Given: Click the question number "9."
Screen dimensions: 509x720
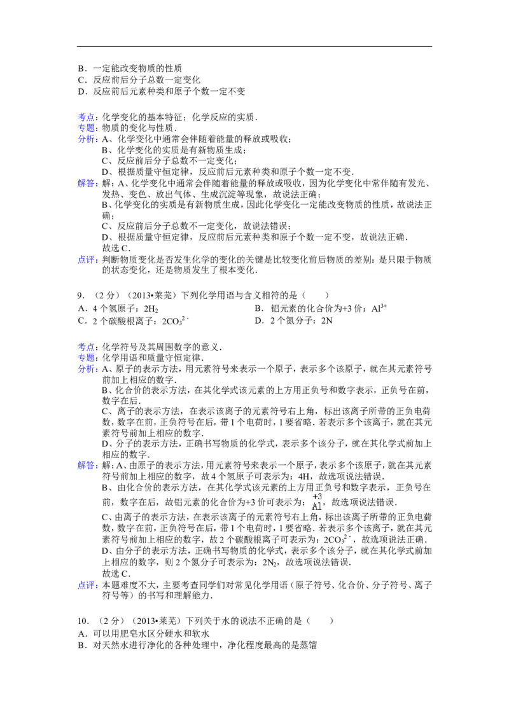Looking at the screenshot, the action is pos(81,296).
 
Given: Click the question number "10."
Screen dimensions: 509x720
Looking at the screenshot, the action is pos(83,621).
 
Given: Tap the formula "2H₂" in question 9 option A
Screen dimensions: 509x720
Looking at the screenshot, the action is pos(151,309).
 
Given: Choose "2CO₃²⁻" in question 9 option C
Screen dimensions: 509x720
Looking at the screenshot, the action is pos(176,321).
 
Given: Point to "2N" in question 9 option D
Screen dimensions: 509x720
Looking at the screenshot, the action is pos(326,321).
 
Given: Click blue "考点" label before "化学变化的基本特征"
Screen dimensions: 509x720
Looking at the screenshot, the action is pos(86,117).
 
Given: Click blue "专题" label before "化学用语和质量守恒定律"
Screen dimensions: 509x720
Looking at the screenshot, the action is pos(86,357).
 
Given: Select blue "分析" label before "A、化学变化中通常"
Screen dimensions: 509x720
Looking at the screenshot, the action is pos(86,139).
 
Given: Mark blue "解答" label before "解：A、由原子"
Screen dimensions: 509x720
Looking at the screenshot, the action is pos(86,466).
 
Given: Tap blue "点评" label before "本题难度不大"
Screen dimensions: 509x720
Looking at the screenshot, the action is pos(86,585).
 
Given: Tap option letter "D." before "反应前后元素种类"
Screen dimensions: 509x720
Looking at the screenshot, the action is pos(83,92).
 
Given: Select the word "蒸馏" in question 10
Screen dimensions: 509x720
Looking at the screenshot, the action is pos(308,645).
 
